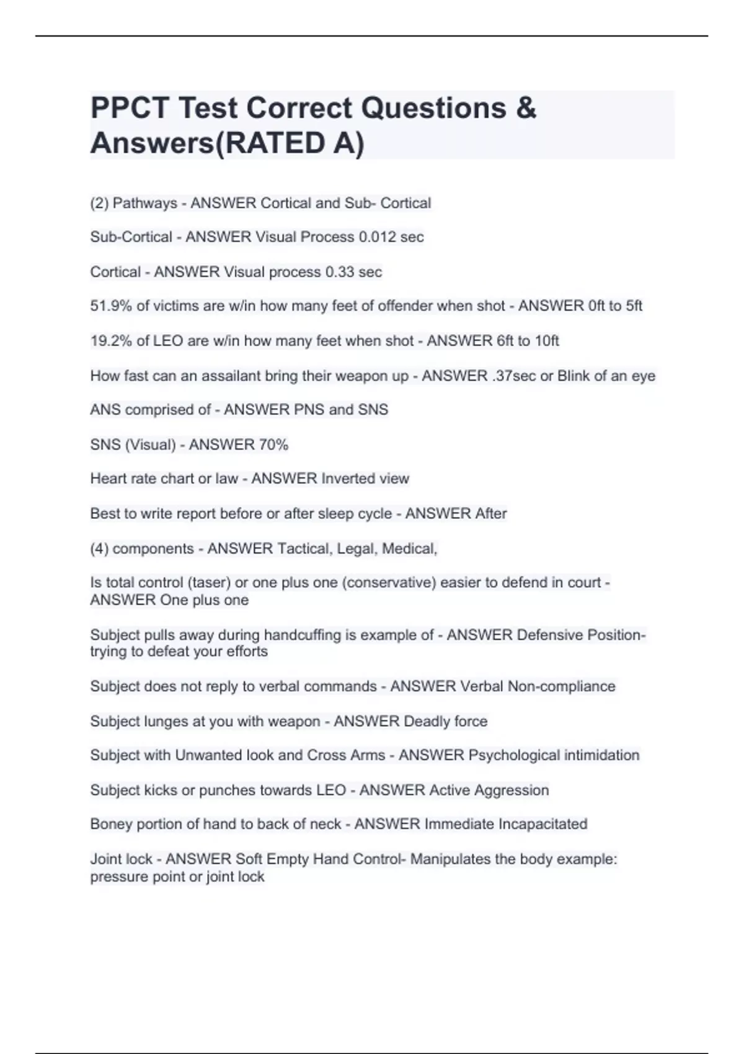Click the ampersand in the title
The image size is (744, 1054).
coord(525,108)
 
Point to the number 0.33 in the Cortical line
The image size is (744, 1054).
coord(343,272)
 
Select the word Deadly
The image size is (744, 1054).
coord(427,721)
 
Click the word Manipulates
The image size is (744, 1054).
coord(452,859)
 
